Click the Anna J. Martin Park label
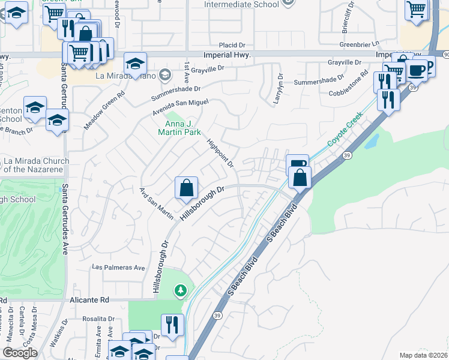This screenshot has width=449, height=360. point(178,127)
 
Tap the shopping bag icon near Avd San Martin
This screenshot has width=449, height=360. point(187,188)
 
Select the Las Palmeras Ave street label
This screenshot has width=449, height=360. point(119,267)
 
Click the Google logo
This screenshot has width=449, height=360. point(20,353)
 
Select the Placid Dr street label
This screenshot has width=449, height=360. point(232,45)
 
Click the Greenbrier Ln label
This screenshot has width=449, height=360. point(360,44)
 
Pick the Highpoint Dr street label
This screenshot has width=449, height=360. point(219,153)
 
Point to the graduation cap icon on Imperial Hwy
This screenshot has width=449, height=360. point(136,64)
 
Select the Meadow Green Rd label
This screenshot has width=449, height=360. point(104,103)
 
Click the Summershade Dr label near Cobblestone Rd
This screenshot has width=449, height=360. point(324,77)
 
